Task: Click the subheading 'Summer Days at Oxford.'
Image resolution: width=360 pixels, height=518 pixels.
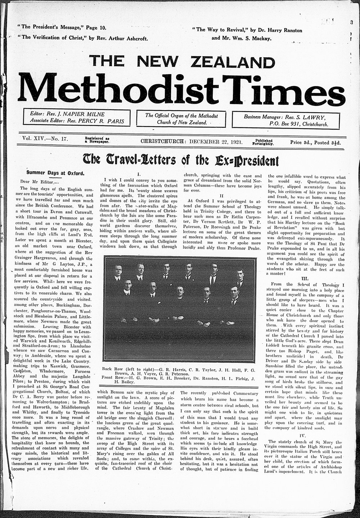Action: click(55, 172)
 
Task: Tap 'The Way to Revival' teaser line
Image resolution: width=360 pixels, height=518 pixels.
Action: click(247, 30)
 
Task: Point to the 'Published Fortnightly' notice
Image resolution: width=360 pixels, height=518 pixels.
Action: click(265, 141)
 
